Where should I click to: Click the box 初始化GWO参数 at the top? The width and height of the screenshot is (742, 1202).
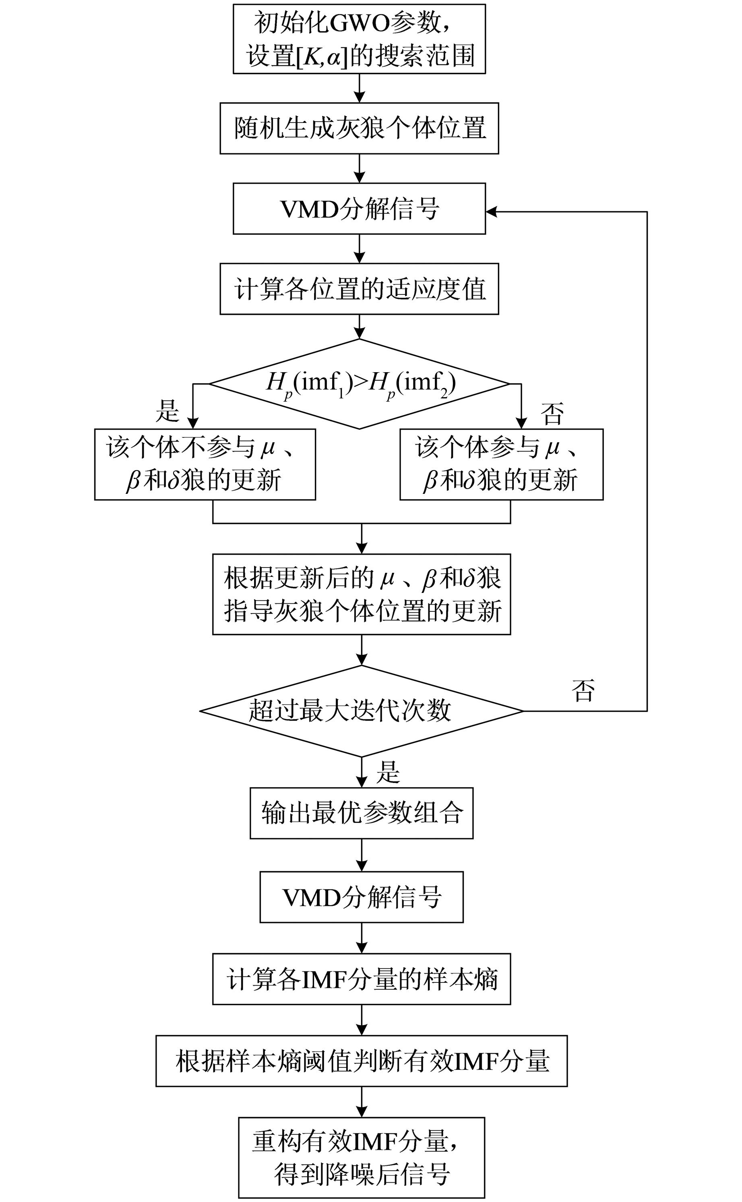click(359, 39)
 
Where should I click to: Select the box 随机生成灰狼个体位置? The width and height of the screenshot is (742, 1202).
click(359, 128)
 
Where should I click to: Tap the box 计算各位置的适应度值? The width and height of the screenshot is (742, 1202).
click(359, 289)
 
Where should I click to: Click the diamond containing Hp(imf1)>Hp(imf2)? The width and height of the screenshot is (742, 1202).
click(359, 384)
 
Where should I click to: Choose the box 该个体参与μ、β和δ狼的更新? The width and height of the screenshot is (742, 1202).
click(501, 464)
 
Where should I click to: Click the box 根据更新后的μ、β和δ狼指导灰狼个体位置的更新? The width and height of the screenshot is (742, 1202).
click(361, 594)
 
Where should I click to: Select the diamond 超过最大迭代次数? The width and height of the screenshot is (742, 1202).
click(361, 711)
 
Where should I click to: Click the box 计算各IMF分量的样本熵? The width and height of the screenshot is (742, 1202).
click(361, 979)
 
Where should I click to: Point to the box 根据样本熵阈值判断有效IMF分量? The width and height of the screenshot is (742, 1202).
click(361, 1061)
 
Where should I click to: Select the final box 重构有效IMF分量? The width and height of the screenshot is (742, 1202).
click(361, 1157)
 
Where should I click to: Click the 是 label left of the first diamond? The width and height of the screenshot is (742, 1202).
click(167, 411)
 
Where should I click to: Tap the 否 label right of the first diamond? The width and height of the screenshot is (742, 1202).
click(552, 413)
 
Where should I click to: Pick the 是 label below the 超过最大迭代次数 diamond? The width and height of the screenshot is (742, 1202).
click(388, 771)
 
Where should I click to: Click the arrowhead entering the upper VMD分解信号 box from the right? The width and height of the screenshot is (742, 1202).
click(491, 211)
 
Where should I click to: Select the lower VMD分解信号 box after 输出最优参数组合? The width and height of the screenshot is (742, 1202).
click(361, 897)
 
